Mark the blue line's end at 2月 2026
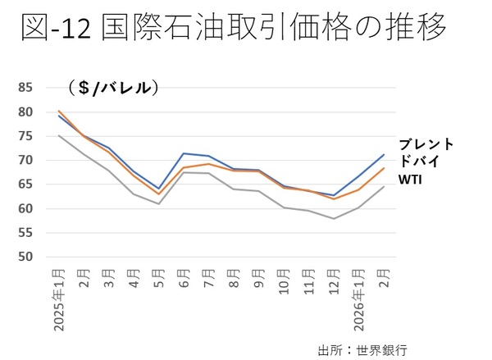[383, 155]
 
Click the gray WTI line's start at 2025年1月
[60, 135]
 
